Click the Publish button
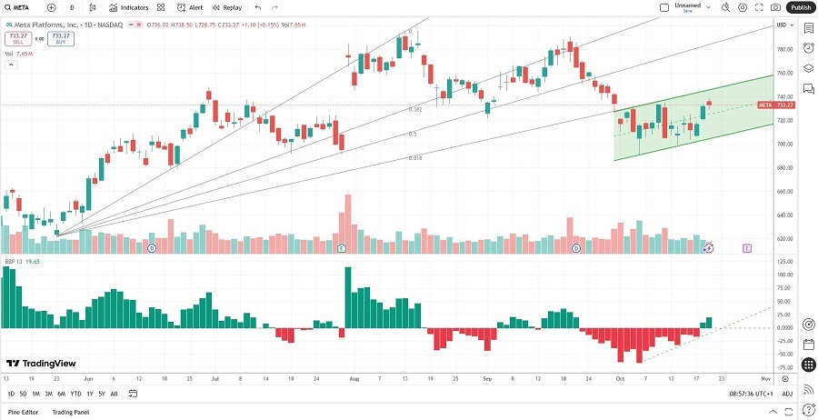(801, 7)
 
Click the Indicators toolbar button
(129, 7)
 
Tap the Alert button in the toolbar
(190, 7)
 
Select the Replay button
(227, 7)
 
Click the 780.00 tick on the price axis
(781, 49)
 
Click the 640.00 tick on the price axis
(781, 215)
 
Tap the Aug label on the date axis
(354, 377)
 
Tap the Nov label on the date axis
(765, 377)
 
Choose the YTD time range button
(75, 394)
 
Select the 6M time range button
(61, 394)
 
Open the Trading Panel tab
(70, 413)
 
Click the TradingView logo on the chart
(42, 363)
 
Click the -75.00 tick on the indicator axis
(781, 368)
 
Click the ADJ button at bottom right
(787, 394)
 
